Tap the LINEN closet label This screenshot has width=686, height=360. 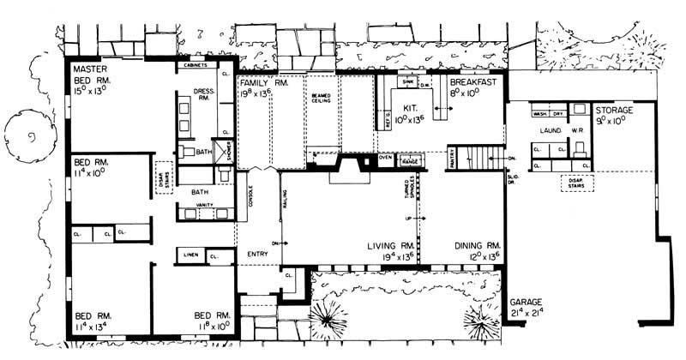pyautogui.click(x=190, y=255)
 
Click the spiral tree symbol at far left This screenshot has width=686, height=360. pyautogui.click(x=31, y=137)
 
